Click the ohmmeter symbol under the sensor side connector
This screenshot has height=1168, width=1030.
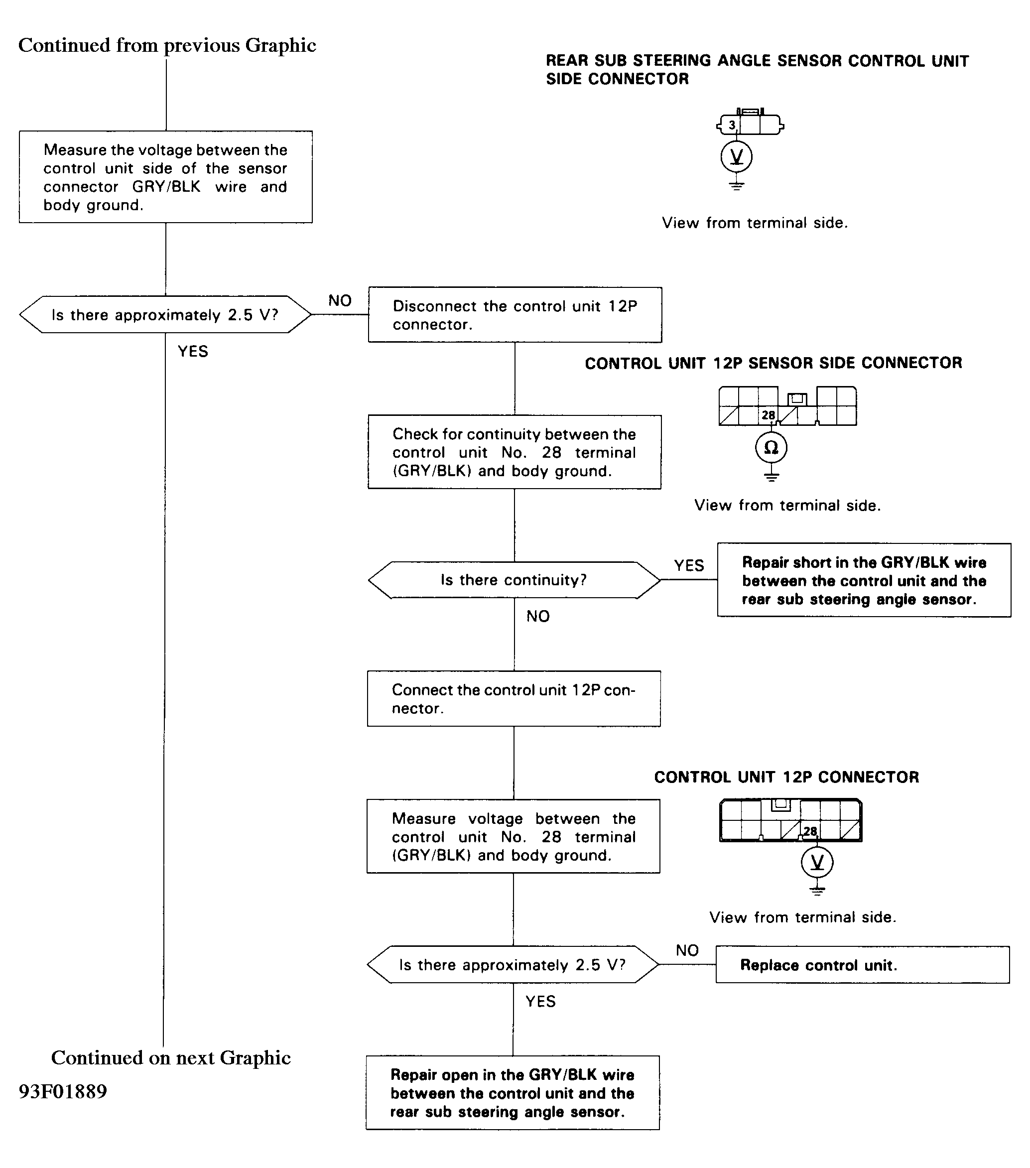[771, 447]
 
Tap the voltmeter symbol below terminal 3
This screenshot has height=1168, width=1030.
[736, 156]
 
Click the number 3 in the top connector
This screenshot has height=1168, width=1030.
[732, 125]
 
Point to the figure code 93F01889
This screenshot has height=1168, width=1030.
[63, 1091]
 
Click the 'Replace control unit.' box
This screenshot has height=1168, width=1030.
[863, 965]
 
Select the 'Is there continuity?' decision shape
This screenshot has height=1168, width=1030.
[514, 580]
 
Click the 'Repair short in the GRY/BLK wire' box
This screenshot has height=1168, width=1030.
[864, 580]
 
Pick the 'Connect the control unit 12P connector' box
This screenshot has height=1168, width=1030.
[514, 699]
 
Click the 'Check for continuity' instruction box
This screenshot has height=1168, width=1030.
[514, 452]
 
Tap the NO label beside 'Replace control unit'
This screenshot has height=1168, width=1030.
[687, 950]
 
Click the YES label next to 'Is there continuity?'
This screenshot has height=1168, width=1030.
[689, 566]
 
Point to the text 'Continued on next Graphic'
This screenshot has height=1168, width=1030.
[171, 1058]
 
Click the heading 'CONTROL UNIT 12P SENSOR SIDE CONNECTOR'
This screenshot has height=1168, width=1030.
[773, 363]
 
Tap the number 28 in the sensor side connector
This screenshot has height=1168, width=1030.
[769, 415]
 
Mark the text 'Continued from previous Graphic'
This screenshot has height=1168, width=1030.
[167, 45]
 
